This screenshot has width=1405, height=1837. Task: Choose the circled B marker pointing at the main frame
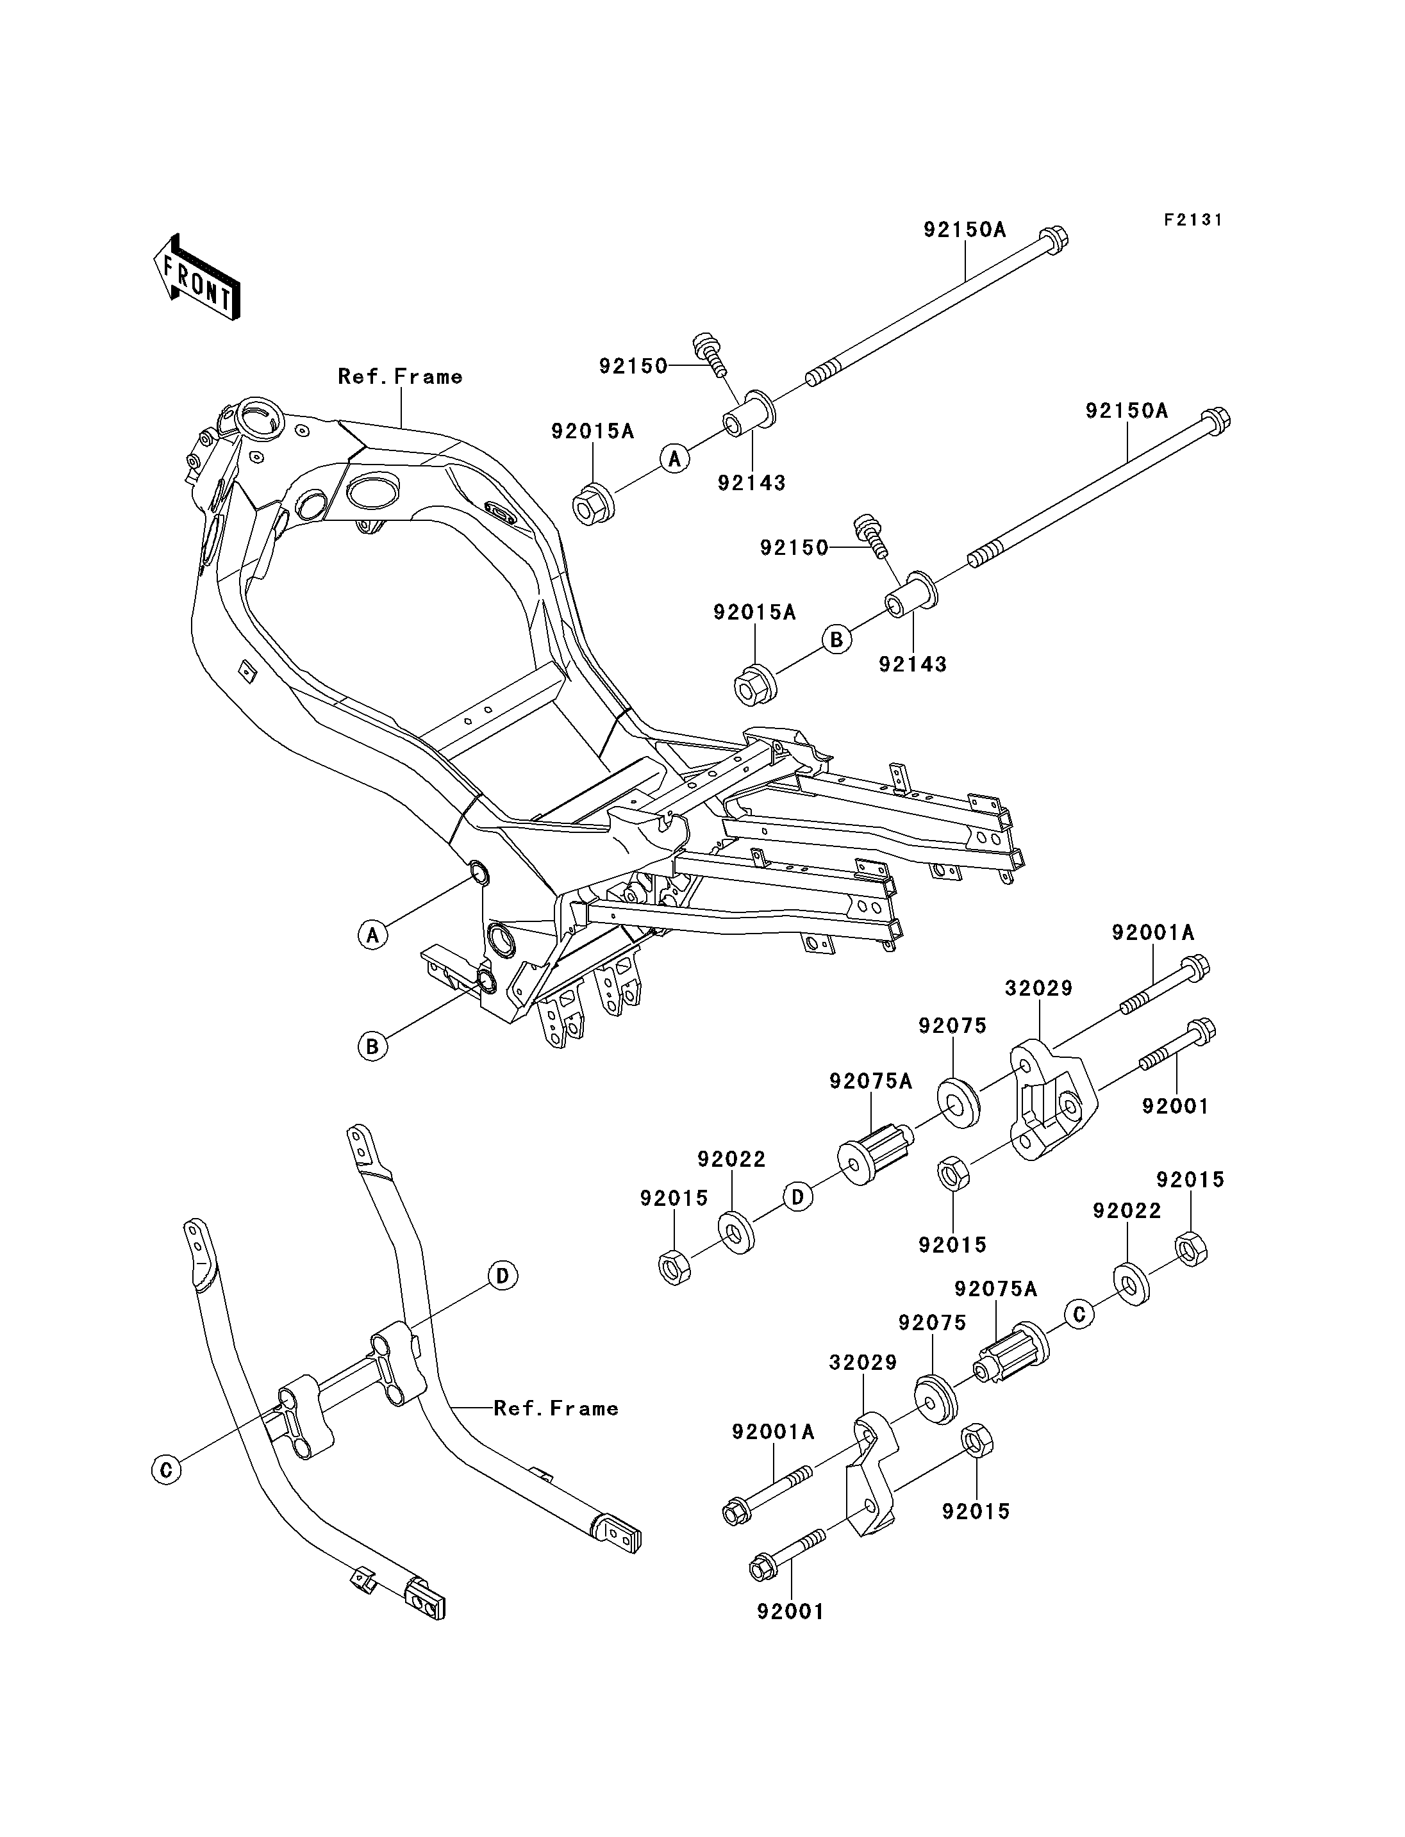(x=373, y=1046)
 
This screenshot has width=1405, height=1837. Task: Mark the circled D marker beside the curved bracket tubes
(x=503, y=1275)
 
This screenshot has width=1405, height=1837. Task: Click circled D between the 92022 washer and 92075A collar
(x=798, y=1198)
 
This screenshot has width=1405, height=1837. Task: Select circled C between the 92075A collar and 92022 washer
(x=1079, y=1314)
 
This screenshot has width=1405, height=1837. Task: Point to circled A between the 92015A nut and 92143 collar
(x=675, y=458)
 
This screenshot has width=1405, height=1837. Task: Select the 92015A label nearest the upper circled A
(x=592, y=431)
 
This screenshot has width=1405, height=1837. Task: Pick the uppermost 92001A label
(x=1153, y=932)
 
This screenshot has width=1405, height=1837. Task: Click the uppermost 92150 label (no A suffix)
(x=633, y=367)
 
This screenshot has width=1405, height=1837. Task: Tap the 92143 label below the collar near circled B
(x=912, y=664)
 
